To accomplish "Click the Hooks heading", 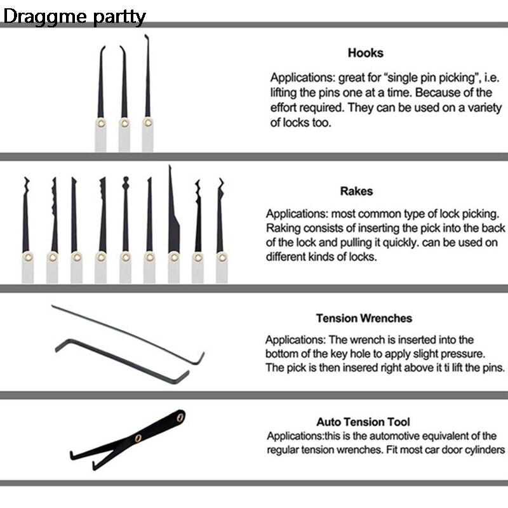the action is coord(366,53).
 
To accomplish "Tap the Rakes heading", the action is coord(356,191).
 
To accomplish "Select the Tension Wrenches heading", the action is coord(364,318).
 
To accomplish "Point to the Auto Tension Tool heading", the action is coord(363,422).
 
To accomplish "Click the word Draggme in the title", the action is coord(45,17).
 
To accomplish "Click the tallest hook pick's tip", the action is coord(145,35).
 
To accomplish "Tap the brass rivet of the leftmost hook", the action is coord(101,123).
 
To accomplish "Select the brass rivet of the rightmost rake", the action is coord(222,258).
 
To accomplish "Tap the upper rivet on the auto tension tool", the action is coord(181,417).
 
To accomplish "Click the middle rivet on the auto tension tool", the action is coord(138,438).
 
